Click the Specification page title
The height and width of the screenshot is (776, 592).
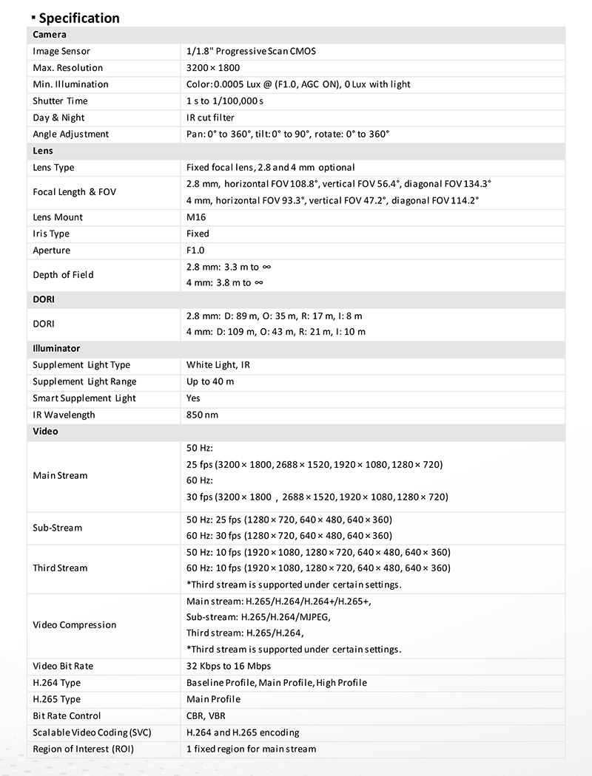[x=78, y=18]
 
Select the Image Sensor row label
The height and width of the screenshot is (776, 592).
[x=61, y=52]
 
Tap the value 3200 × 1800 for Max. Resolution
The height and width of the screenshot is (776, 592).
[x=213, y=68]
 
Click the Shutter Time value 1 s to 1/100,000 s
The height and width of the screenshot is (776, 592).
[x=225, y=101]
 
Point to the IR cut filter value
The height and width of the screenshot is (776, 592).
[x=210, y=118]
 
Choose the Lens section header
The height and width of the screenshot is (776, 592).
[x=43, y=151]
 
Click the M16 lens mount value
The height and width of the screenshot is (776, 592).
[x=196, y=217]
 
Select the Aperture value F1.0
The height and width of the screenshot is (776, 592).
[x=195, y=251]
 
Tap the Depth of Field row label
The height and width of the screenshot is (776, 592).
[x=63, y=275]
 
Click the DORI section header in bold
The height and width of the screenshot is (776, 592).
[x=44, y=300]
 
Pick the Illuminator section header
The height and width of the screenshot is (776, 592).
[x=56, y=348]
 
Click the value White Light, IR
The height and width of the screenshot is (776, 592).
[x=218, y=365]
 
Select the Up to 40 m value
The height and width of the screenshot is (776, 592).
[x=210, y=381]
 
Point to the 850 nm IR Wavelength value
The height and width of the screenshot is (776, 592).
[x=202, y=415]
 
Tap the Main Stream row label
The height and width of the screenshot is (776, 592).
[x=60, y=475]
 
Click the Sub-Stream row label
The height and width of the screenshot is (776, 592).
[x=57, y=528]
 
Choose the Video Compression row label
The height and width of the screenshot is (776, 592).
[x=75, y=625]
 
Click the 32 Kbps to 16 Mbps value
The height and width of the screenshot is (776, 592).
[x=229, y=666]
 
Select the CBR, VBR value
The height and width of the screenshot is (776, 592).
[x=206, y=715]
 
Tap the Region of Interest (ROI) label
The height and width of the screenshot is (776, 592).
[x=83, y=749]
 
